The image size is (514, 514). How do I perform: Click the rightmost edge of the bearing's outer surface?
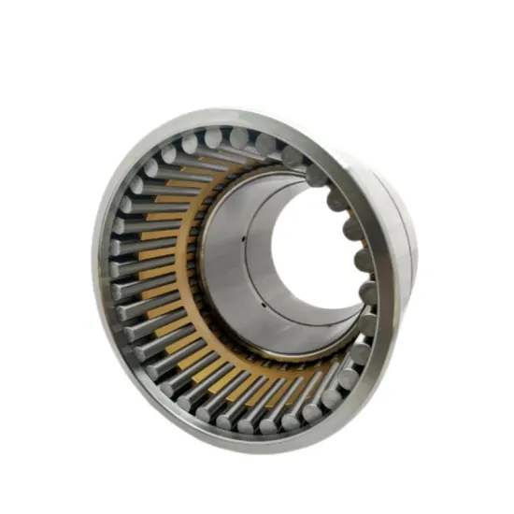[x=417, y=252]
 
